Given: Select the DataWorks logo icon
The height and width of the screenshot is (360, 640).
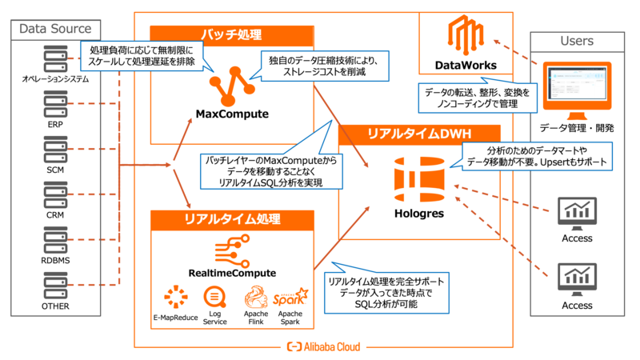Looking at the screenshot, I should [466, 35].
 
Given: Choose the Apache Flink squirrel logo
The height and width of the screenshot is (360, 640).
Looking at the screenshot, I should [255, 299].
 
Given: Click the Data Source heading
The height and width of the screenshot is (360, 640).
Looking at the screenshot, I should [55, 30].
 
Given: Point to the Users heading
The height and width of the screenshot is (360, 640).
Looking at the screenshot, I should [577, 41].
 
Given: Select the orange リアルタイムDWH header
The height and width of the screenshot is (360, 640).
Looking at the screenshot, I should [419, 134].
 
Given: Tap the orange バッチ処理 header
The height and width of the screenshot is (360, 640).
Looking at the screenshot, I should [231, 35].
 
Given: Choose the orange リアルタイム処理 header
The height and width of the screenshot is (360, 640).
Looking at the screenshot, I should [231, 218].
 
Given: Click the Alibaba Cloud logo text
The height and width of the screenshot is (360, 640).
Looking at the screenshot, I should [323, 346].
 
